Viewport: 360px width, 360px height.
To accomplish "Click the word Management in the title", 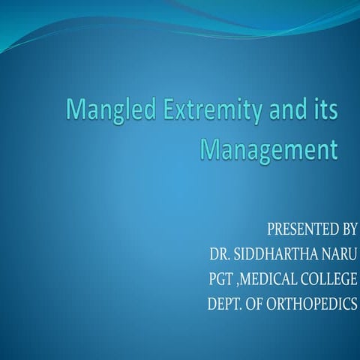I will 269,148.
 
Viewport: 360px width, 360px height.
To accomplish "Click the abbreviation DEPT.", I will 226,305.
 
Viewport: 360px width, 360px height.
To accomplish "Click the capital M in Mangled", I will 76,110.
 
